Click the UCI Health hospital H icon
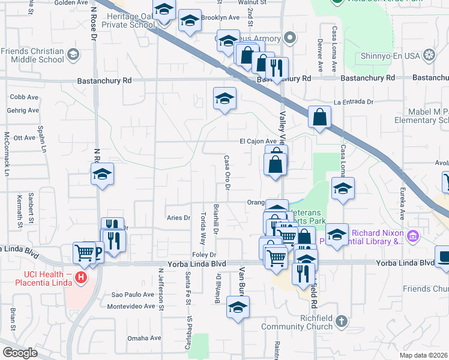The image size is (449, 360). point(83,278)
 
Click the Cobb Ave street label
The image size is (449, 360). point(24,97)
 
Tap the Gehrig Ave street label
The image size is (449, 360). point(23,111)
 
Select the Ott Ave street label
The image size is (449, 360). point(25,137)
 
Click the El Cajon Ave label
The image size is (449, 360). point(258,142)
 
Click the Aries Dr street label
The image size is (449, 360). point(178,218)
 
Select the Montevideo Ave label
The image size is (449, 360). point(131,306)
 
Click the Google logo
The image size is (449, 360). point(20,353)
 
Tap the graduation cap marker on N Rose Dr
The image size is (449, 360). point(103,175)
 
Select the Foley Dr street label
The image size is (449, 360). point(200,255)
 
